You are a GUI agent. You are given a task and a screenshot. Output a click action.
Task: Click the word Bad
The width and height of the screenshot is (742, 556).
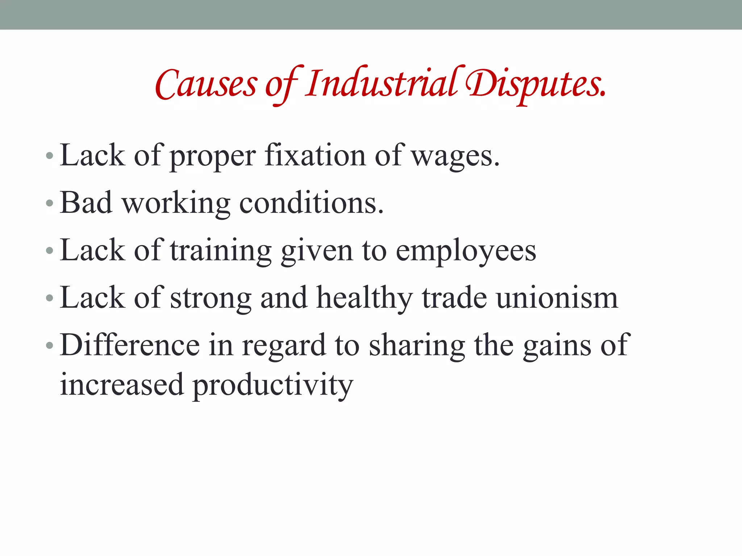pyautogui.click(x=86, y=203)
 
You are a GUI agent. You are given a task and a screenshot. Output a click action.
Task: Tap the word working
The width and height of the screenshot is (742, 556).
pyautogui.click(x=176, y=204)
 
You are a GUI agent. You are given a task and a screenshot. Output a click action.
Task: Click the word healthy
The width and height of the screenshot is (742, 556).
pyautogui.click(x=364, y=298)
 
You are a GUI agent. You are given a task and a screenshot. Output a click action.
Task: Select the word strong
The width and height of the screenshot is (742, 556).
pyautogui.click(x=210, y=299)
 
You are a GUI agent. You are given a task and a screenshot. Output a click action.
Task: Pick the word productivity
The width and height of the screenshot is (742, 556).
pyautogui.click(x=272, y=385)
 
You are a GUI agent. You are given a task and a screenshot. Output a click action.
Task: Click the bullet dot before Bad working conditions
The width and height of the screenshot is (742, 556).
pyautogui.click(x=50, y=203)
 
